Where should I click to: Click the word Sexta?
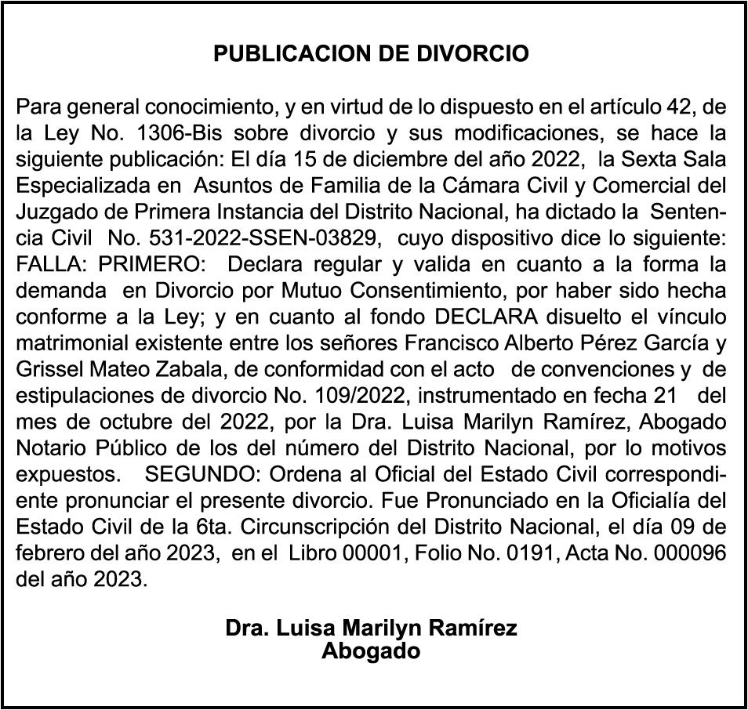[651, 158]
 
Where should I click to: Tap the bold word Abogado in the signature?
[371, 650]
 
